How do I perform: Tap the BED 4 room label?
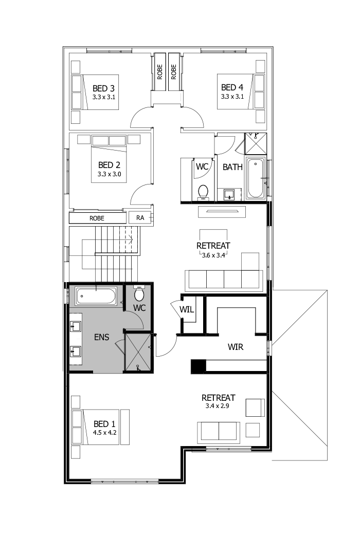point(232,88)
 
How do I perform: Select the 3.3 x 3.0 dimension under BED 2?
point(109,174)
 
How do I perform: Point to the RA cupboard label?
point(140,218)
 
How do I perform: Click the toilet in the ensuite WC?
point(139,293)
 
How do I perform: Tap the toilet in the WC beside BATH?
point(203,192)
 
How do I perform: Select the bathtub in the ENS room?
point(96,297)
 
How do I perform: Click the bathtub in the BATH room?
point(256,179)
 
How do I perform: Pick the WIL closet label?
point(186,309)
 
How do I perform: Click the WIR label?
point(235,347)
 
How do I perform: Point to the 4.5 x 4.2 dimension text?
point(104,433)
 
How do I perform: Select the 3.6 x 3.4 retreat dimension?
point(213,254)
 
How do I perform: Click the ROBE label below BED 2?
point(97,218)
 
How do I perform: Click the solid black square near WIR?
point(198,366)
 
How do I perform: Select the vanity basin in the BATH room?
point(229,194)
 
